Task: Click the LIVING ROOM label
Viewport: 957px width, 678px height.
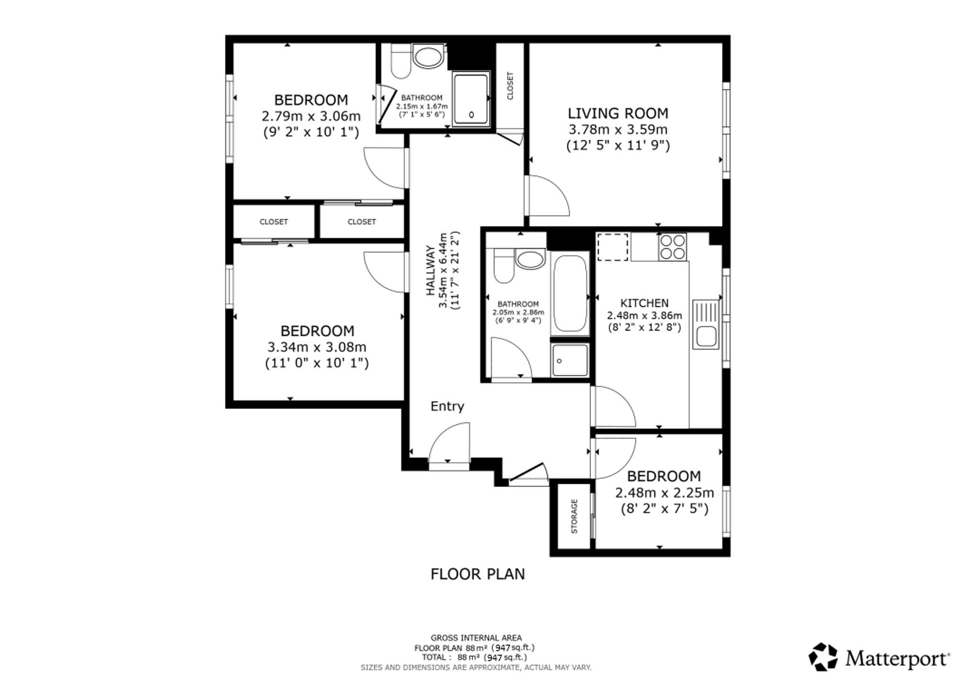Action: pyautogui.click(x=618, y=113)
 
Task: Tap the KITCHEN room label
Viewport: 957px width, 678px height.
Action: pyautogui.click(x=644, y=303)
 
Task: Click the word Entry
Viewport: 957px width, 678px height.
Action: pyautogui.click(x=447, y=407)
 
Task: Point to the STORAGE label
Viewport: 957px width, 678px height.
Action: pyautogui.click(x=574, y=516)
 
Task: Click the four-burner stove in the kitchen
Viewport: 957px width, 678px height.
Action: pyautogui.click(x=672, y=247)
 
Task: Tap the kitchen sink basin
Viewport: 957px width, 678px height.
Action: pyautogui.click(x=706, y=335)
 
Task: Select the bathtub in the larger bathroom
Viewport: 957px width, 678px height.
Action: pyautogui.click(x=569, y=293)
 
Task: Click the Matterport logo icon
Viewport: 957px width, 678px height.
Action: pyautogui.click(x=823, y=657)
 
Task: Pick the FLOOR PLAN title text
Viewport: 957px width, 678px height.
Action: pyautogui.click(x=478, y=574)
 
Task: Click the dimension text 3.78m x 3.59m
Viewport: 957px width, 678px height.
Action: pyautogui.click(x=618, y=129)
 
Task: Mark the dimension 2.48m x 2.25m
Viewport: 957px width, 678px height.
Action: pyautogui.click(x=665, y=492)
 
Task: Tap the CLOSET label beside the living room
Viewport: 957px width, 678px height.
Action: pyautogui.click(x=510, y=86)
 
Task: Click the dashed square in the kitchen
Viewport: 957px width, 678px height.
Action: pyautogui.click(x=612, y=247)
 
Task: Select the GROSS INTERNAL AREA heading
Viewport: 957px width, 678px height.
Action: pyautogui.click(x=476, y=638)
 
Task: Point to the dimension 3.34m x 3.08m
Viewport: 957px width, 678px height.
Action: pyautogui.click(x=317, y=347)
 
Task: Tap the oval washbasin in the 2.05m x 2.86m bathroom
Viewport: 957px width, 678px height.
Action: pyautogui.click(x=530, y=260)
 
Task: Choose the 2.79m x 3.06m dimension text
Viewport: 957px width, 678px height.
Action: pyautogui.click(x=311, y=116)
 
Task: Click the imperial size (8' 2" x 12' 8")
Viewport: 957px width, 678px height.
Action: pyautogui.click(x=644, y=328)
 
